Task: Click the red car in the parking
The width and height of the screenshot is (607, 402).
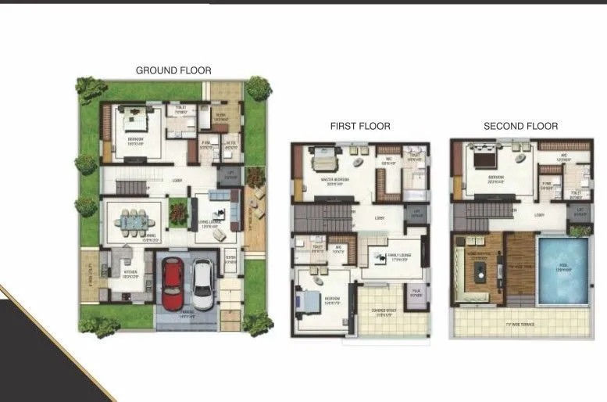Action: pyautogui.click(x=173, y=281)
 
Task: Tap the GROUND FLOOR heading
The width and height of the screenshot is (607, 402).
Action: pyautogui.click(x=173, y=70)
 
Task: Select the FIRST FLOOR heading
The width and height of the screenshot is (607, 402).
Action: pyautogui.click(x=360, y=126)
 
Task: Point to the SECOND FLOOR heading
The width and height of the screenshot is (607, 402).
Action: pyautogui.click(x=520, y=126)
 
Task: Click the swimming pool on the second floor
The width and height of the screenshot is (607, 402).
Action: pyautogui.click(x=562, y=270)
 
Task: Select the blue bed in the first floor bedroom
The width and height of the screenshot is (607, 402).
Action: pyautogui.click(x=309, y=302)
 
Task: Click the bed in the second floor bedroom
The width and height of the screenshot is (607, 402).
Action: pyautogui.click(x=484, y=162)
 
